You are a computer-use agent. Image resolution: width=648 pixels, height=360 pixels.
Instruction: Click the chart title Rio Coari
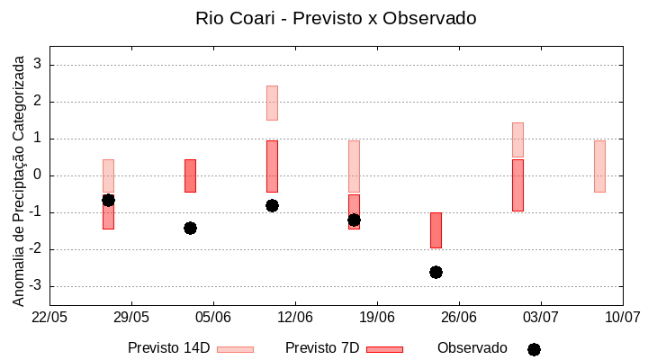click(336, 18)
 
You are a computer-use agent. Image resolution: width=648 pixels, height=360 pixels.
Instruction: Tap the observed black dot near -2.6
click(436, 272)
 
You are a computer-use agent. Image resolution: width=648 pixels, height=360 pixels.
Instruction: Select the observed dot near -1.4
click(190, 228)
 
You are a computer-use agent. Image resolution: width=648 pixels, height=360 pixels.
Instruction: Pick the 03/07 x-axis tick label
click(540, 318)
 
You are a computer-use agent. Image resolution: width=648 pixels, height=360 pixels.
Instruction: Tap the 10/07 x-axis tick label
click(622, 318)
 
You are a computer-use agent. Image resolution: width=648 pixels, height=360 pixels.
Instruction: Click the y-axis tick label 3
click(38, 65)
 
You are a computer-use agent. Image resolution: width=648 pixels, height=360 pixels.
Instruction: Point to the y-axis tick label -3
click(36, 286)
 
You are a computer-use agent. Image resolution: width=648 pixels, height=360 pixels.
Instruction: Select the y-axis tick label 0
click(38, 175)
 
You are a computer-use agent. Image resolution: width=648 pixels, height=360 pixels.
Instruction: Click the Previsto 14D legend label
click(168, 348)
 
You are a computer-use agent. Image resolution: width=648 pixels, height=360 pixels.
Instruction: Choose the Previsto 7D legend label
click(322, 348)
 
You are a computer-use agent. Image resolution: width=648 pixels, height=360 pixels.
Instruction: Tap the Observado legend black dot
click(534, 349)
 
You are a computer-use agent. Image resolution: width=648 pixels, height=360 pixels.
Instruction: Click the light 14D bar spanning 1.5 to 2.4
click(272, 103)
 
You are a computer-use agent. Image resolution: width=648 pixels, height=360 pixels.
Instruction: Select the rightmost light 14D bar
click(599, 166)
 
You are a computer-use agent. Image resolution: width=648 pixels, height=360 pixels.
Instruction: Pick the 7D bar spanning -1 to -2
click(436, 229)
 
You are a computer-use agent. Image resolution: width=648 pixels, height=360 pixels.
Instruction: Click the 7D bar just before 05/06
click(190, 175)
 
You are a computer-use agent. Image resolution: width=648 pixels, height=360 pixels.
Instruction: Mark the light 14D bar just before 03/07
click(517, 139)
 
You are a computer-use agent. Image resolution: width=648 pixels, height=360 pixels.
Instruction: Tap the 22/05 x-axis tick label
click(49, 318)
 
